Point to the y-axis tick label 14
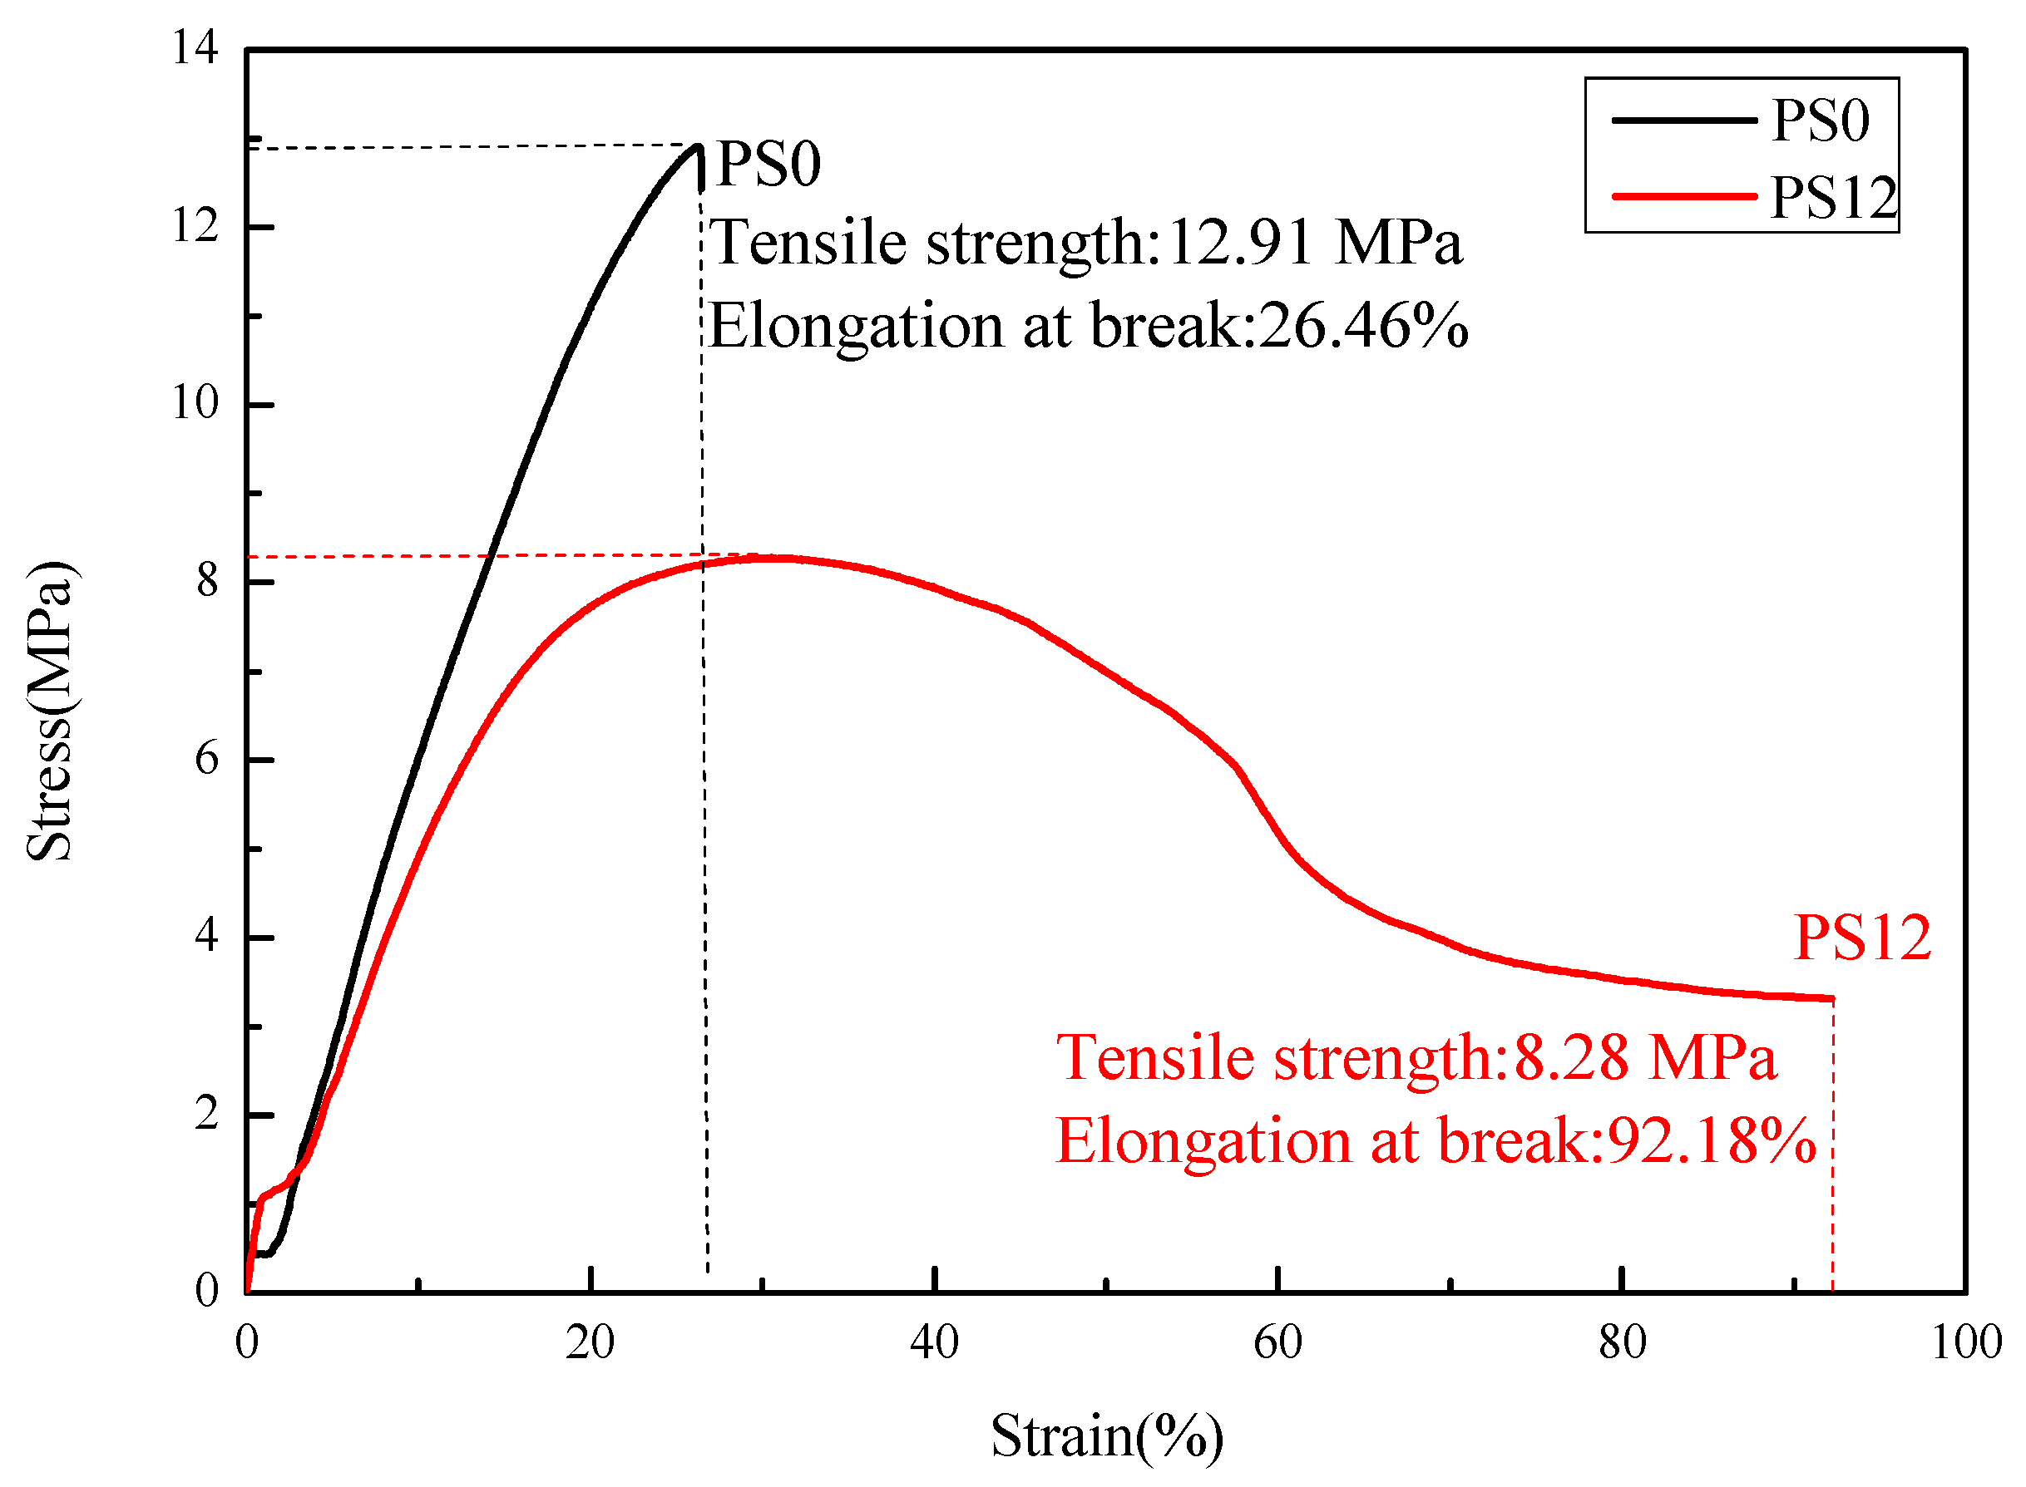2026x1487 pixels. pyautogui.click(x=195, y=47)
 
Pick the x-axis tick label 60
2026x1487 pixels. pyautogui.click(x=1277, y=1342)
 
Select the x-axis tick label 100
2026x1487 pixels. pyautogui.click(x=1965, y=1342)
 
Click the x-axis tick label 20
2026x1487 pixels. pyautogui.click(x=590, y=1342)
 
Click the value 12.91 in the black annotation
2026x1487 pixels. pyautogui.click(x=1239, y=243)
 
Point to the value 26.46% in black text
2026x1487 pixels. pyautogui.click(x=1363, y=325)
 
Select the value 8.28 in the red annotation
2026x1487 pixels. pyautogui.click(x=1570, y=1056)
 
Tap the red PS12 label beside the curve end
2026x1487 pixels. pyautogui.click(x=1861, y=938)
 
